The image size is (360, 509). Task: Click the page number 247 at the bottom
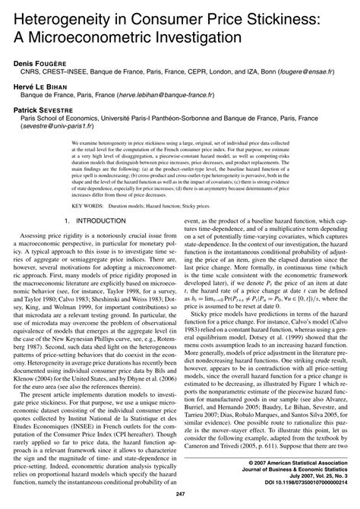[181, 496]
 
